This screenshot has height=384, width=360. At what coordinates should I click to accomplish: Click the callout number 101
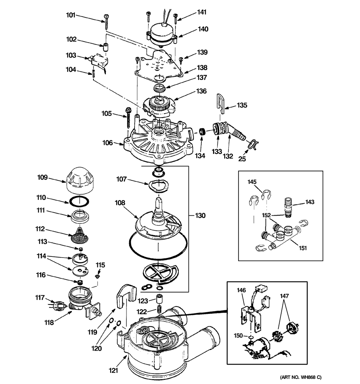(70, 16)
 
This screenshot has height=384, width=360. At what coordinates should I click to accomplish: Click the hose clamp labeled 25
(253, 144)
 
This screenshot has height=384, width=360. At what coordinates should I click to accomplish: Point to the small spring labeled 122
(158, 310)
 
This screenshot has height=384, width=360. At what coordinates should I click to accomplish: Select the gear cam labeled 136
(160, 106)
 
